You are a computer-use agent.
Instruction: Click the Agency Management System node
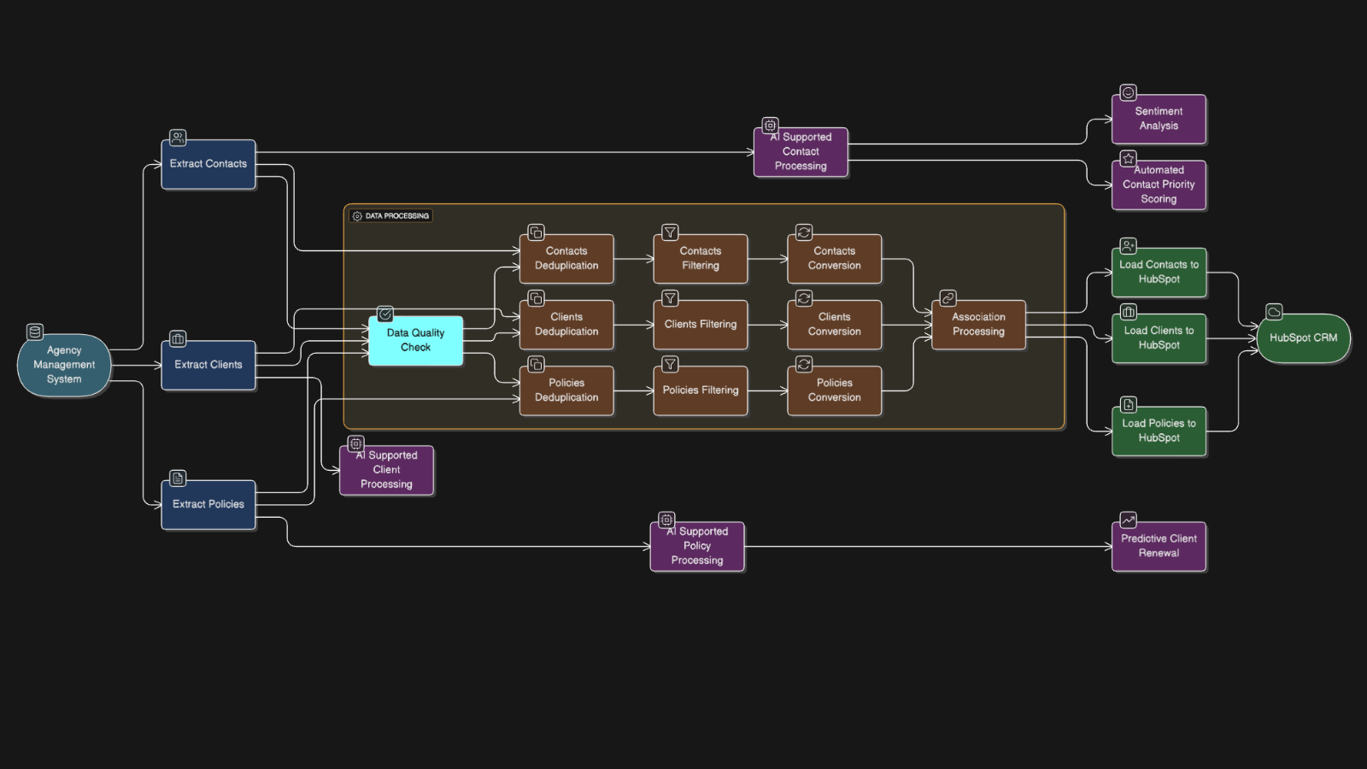click(x=64, y=365)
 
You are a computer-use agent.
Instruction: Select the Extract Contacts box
click(x=208, y=164)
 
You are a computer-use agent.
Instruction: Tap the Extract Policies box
click(x=208, y=504)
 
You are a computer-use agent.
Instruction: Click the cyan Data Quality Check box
click(x=415, y=340)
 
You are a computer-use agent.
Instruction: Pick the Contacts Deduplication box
click(x=566, y=258)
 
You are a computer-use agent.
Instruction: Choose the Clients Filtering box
click(x=700, y=325)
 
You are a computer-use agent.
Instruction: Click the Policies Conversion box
click(x=834, y=390)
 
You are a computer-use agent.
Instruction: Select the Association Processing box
click(x=978, y=325)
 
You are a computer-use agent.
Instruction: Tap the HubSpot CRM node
click(x=1303, y=338)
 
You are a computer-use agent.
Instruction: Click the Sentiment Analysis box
click(x=1159, y=119)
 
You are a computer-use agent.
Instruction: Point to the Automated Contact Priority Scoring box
click(x=1159, y=185)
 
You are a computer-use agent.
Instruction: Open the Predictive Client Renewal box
click(x=1159, y=546)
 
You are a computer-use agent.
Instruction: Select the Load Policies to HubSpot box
click(x=1159, y=431)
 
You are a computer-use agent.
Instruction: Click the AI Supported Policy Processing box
click(x=696, y=546)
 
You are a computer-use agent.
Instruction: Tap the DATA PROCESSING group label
click(x=391, y=216)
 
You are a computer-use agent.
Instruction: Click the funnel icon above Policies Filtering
click(x=671, y=365)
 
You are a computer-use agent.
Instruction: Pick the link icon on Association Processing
click(x=948, y=298)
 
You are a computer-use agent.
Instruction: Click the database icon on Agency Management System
click(x=35, y=332)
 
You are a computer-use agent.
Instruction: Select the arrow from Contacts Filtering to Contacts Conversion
click(x=767, y=259)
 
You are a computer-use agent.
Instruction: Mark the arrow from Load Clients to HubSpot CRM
click(x=1231, y=338)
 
